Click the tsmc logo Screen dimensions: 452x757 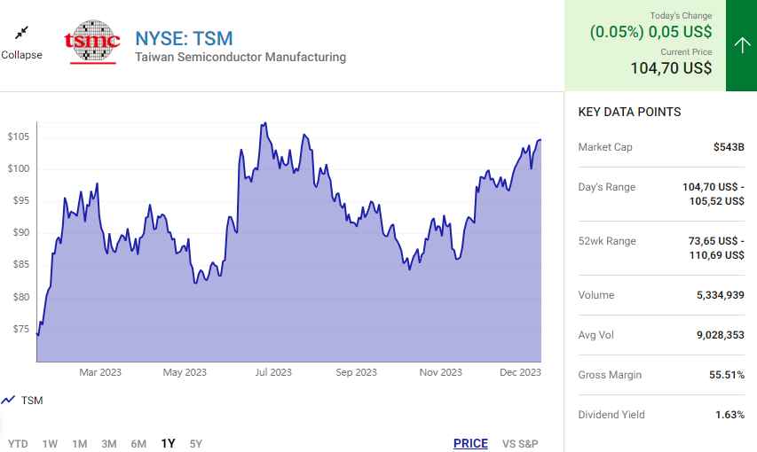(92, 41)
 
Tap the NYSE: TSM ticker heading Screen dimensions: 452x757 (184, 38)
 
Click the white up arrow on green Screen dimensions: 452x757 (742, 45)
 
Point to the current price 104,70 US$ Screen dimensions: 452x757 (671, 68)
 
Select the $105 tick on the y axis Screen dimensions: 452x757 (18, 136)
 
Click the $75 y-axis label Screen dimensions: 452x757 (20, 329)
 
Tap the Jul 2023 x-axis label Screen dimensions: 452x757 (273, 372)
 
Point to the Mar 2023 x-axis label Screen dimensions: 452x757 (100, 372)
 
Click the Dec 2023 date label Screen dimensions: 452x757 (520, 372)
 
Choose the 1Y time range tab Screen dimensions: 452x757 (168, 443)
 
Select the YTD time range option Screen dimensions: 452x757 (18, 443)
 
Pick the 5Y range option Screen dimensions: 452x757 (195, 443)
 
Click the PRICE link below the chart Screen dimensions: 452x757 (470, 443)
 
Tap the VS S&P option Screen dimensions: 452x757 (520, 443)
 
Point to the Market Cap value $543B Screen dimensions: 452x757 (729, 147)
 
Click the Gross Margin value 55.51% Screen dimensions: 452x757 (727, 375)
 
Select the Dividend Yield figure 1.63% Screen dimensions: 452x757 (729, 415)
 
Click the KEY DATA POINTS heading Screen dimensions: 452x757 (629, 113)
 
